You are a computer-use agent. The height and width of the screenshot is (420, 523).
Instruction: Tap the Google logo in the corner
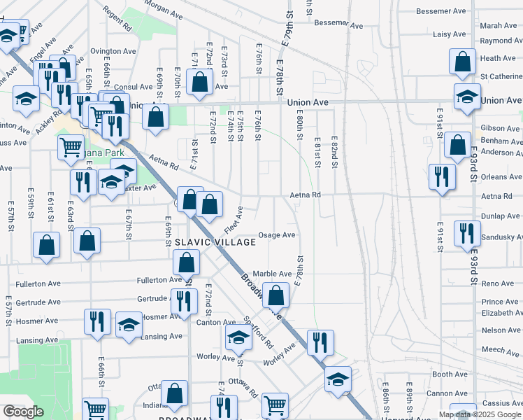click(24, 412)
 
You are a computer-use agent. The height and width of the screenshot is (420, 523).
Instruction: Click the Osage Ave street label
click(277, 235)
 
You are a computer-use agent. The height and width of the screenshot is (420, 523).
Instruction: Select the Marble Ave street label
click(272, 274)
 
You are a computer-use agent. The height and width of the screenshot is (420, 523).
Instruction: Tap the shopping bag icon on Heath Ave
click(462, 63)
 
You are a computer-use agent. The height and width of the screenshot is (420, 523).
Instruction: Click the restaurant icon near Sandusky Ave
click(467, 233)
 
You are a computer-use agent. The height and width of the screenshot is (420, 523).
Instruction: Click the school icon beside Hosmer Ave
click(129, 324)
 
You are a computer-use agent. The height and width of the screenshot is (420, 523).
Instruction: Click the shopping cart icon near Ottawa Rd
click(275, 405)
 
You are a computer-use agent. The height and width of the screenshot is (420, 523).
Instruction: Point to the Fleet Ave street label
click(234, 220)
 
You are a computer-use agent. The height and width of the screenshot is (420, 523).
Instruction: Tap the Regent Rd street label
click(117, 20)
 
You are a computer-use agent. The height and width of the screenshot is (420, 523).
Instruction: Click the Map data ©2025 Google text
click(480, 414)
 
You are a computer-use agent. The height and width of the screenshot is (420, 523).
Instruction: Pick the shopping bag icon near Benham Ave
click(457, 146)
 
